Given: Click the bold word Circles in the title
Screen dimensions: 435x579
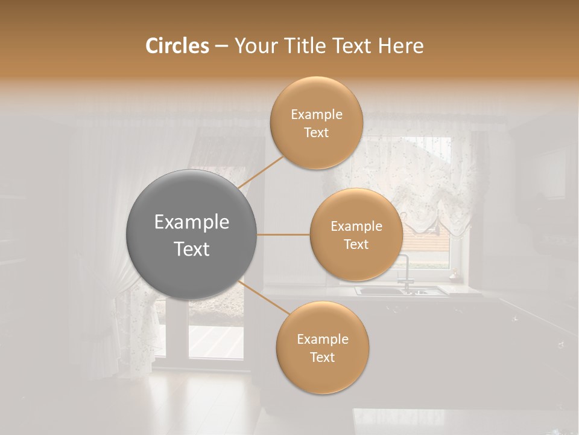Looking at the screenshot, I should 177,46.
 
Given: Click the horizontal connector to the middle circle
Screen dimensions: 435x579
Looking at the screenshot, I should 283,234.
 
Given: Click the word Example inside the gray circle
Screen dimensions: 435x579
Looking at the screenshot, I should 192,222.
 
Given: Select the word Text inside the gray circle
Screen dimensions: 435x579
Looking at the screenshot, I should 192,249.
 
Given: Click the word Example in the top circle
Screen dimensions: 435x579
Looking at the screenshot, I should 316,115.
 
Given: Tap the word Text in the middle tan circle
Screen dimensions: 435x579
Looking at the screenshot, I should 356,244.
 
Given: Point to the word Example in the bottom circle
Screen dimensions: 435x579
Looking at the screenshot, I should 322,340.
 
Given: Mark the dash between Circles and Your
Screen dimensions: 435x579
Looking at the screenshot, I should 221,46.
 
